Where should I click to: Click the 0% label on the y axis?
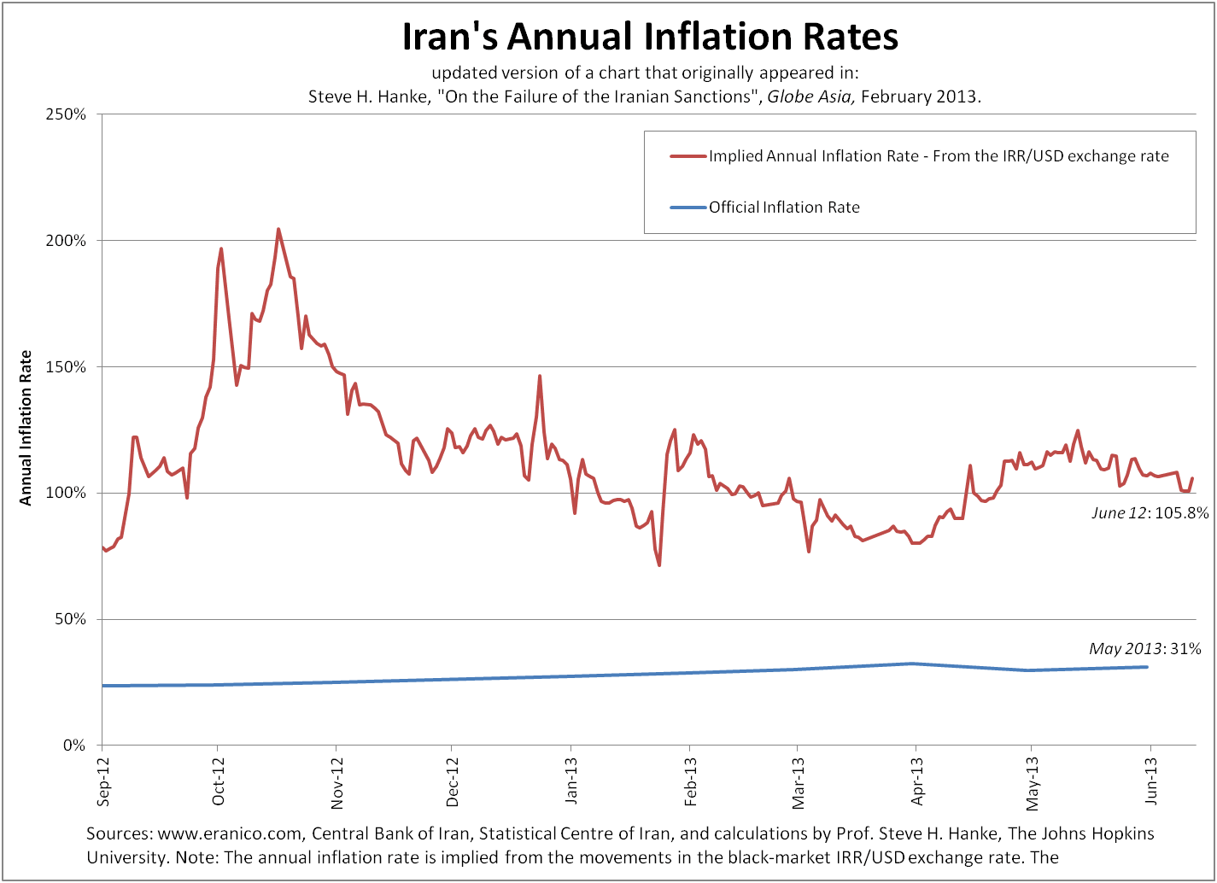(75, 746)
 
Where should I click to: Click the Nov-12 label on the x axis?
(337, 782)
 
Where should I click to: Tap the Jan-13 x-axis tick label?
(570, 782)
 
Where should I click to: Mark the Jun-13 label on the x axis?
(1151, 782)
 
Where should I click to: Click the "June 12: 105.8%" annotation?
(1150, 513)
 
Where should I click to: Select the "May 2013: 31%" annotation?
(1144, 649)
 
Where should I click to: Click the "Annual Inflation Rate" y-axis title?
(26, 428)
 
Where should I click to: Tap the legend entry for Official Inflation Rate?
(783, 208)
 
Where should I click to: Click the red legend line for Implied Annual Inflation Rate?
(688, 156)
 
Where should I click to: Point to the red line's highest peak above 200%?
(278, 229)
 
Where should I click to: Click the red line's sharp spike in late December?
(540, 376)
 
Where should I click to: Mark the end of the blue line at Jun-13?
(1147, 667)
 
